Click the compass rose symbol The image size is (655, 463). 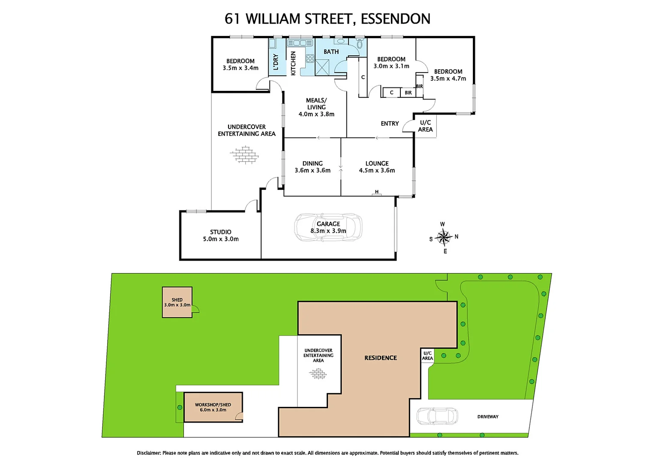point(444,237)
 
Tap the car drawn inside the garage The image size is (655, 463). point(328,227)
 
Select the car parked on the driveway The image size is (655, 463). point(437,416)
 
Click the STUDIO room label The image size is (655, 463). point(221,232)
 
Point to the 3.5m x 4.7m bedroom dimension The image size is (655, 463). point(448,78)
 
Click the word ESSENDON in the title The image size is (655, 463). point(395,19)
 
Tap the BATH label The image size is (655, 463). point(331,51)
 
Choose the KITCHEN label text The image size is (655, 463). point(293,63)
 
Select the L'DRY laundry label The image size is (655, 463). point(276,62)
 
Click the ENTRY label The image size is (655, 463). point(390,123)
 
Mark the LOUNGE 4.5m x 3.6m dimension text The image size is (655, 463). point(377,170)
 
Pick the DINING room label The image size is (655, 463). point(312,163)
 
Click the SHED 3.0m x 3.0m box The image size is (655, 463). point(177,302)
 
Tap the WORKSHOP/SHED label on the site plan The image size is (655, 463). point(213,405)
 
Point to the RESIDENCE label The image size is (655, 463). point(381,358)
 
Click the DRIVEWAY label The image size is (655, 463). point(488,417)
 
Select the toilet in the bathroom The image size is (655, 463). point(359,43)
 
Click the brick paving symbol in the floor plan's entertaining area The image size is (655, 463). point(245,155)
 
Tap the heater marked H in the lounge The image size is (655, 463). point(377,193)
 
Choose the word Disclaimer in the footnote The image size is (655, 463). point(148,453)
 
